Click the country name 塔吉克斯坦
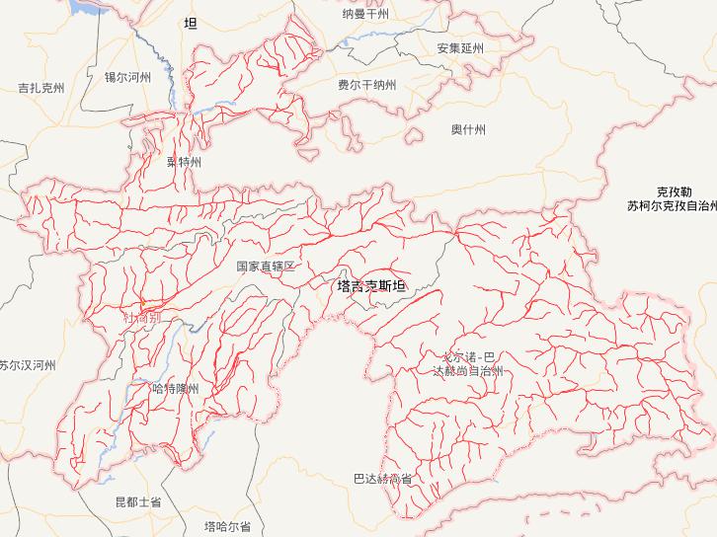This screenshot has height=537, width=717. [x=370, y=287]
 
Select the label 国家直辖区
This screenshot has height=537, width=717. [x=266, y=267]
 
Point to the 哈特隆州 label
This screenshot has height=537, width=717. [x=177, y=389]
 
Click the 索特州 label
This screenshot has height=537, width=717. [x=184, y=162]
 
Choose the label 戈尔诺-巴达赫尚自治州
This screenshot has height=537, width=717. [x=468, y=363]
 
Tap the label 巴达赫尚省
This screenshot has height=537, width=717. [x=382, y=479]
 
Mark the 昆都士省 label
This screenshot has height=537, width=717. [x=137, y=502]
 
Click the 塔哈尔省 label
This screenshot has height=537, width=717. [x=227, y=526]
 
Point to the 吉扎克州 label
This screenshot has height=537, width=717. [x=41, y=88]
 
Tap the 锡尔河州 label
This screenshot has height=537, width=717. [x=127, y=76]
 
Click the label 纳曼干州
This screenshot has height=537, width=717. [x=365, y=14]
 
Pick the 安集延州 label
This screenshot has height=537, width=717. [x=460, y=47]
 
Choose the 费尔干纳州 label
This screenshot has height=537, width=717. [x=366, y=86]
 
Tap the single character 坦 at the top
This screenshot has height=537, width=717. [x=191, y=23]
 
